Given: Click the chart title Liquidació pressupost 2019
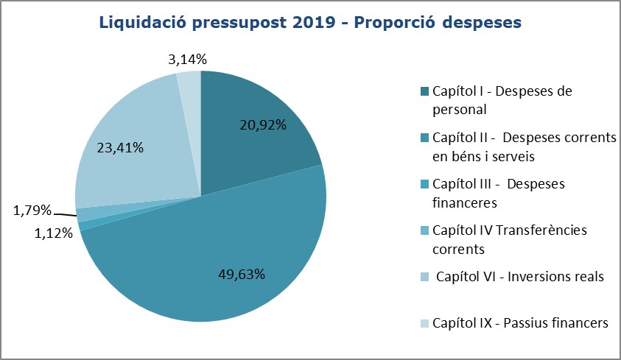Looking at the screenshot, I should [309, 23].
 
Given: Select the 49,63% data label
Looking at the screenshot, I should [242, 275].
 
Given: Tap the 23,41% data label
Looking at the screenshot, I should [120, 147].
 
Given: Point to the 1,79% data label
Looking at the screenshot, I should [32, 212].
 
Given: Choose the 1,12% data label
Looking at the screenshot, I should [53, 233].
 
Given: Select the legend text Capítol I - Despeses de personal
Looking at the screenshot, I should [502, 101].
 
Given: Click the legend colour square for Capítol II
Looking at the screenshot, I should [425, 138].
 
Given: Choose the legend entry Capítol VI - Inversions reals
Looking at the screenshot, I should [519, 277].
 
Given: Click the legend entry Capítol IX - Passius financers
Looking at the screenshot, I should [521, 322].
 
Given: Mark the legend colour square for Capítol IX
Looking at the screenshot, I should [425, 322].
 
